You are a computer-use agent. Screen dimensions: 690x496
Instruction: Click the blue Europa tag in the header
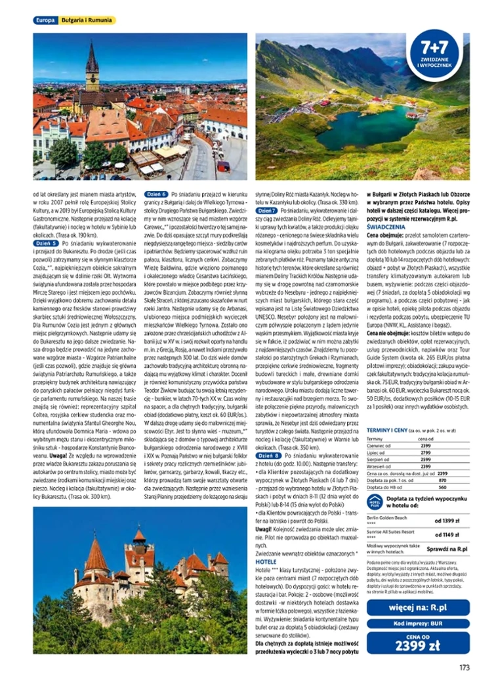coord(44,20)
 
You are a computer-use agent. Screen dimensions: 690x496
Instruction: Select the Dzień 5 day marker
coord(46,243)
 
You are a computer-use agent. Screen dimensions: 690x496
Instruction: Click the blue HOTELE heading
coord(266,563)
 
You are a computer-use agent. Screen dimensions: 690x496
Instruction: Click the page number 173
coord(465,668)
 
